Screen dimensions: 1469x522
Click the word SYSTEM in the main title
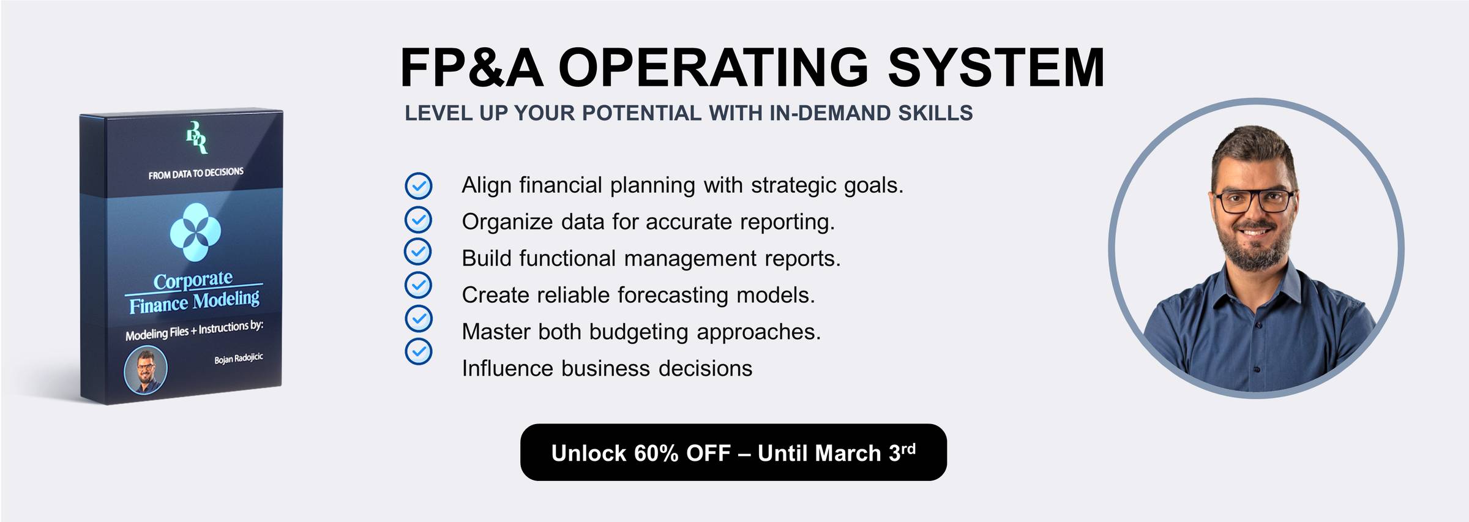click(x=996, y=67)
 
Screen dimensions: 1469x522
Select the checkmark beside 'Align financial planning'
click(x=419, y=185)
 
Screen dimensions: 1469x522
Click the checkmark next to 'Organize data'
click(x=419, y=219)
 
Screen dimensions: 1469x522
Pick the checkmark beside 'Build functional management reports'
click(x=418, y=251)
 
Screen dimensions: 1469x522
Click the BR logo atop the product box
click(x=196, y=137)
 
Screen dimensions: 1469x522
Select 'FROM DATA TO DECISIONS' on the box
click(x=196, y=173)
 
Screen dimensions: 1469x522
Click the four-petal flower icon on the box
click(x=195, y=233)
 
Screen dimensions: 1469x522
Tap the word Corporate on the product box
click(x=193, y=280)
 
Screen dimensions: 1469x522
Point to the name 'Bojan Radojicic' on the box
click(x=239, y=358)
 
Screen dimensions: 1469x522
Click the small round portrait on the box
click(x=146, y=370)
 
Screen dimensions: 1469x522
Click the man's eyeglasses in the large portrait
click(x=1254, y=201)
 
